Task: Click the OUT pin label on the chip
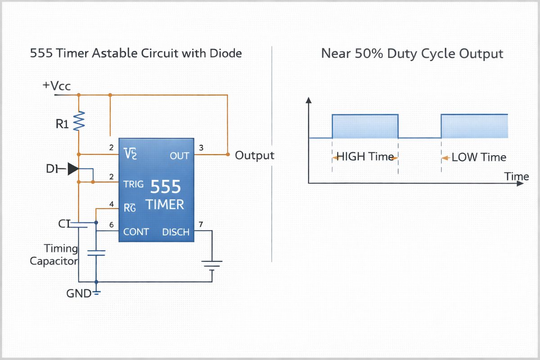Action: pos(180,156)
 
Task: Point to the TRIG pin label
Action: pos(134,184)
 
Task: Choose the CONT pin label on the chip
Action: pos(136,232)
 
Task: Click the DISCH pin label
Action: pos(176,232)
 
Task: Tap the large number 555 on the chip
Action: pos(165,187)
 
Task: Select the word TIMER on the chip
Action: pos(165,205)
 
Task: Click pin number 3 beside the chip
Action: pos(201,148)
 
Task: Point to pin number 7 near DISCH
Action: pos(201,224)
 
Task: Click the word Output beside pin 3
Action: pos(255,156)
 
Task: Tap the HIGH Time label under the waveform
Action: pos(365,157)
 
